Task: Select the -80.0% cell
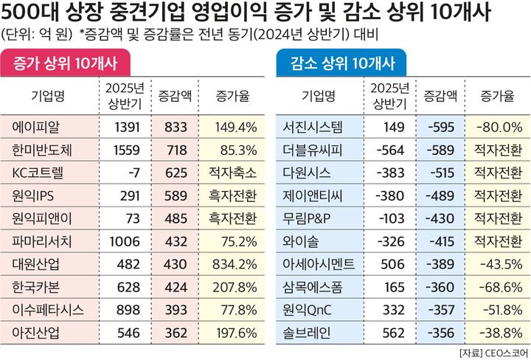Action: pyautogui.click(x=500, y=128)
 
